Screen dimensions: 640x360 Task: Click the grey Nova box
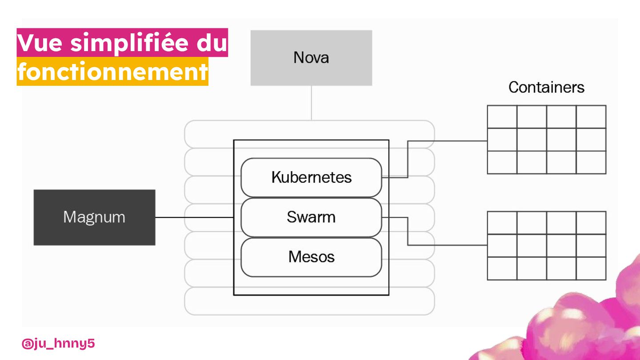[x=311, y=58]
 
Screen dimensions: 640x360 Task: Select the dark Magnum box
[x=94, y=217]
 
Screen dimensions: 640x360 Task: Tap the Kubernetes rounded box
[x=311, y=177]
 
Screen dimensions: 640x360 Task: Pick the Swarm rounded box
[x=311, y=217]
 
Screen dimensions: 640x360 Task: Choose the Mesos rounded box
[x=311, y=257]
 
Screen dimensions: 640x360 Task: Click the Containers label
[x=546, y=87]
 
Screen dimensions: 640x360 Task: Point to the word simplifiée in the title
[x=132, y=43]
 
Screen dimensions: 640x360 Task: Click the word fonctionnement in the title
[x=112, y=72]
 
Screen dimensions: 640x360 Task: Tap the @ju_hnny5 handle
[x=58, y=344]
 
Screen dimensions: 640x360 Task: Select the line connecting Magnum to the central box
[x=194, y=217]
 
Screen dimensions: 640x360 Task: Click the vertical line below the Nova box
[x=312, y=103]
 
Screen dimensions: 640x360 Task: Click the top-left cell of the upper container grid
[x=502, y=117]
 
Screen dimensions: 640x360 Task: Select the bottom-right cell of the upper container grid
[x=591, y=162]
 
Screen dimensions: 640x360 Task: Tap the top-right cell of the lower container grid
[x=591, y=223]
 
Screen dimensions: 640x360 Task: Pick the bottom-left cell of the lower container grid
[x=502, y=268]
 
